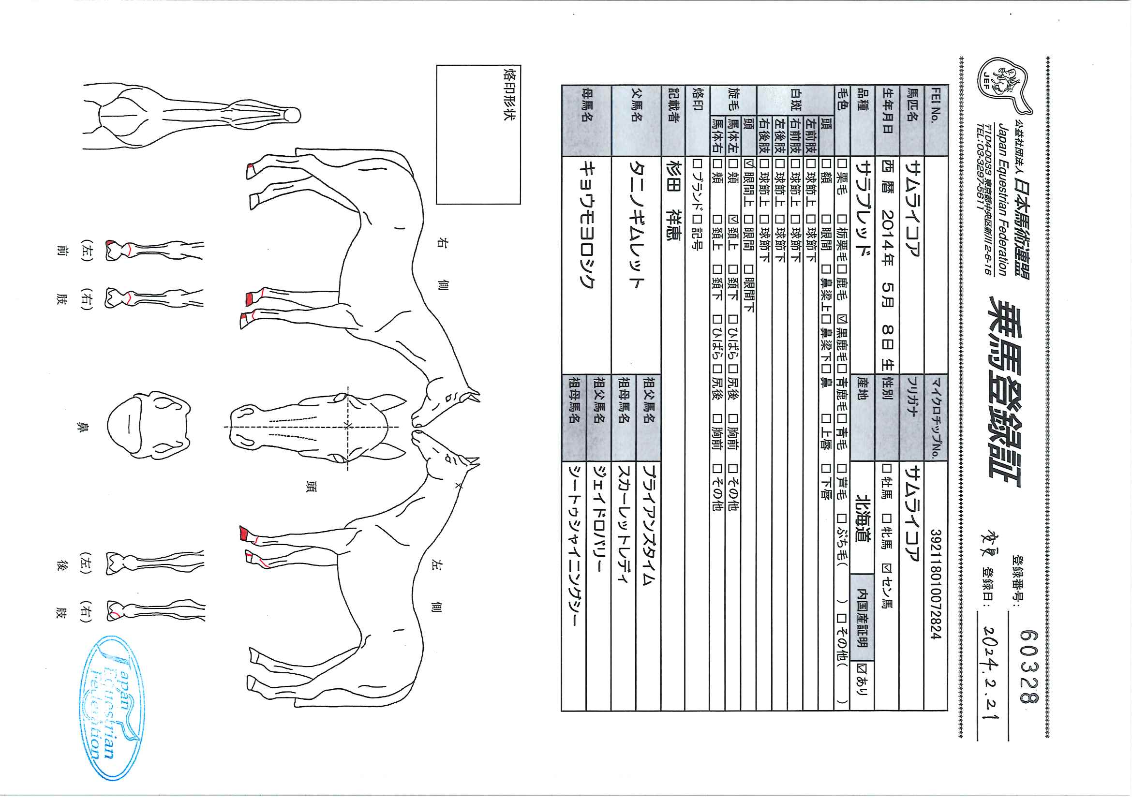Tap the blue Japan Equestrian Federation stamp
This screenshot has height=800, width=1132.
(112, 708)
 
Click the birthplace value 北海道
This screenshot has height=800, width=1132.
(863, 519)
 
